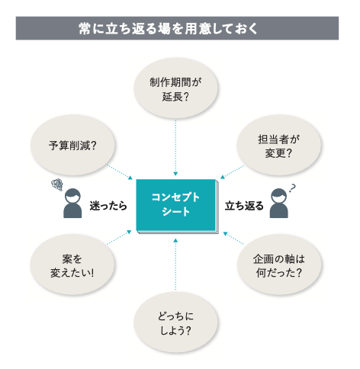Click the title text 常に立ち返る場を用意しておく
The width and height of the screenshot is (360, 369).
point(168,28)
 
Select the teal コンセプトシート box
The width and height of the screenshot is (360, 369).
point(176,205)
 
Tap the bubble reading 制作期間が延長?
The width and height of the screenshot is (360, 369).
point(175,88)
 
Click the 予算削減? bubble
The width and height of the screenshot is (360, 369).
point(72,145)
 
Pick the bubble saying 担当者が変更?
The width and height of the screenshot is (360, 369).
point(279,145)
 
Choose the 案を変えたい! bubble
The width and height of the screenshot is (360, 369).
point(72,265)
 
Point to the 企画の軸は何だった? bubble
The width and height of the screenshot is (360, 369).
point(279,265)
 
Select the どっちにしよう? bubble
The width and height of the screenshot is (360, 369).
point(175,322)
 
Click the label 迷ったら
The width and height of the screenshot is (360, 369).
point(108,206)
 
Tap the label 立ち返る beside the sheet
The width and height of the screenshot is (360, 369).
point(244,206)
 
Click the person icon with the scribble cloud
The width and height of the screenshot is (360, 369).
point(72,204)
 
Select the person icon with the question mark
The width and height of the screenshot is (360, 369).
point(279,204)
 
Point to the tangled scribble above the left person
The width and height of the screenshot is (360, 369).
point(57,184)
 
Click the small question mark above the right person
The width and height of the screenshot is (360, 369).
point(293,188)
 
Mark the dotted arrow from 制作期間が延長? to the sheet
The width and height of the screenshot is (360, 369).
point(175,148)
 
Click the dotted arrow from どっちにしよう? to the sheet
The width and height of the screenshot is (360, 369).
point(175,265)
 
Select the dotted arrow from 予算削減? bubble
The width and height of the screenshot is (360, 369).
point(120,172)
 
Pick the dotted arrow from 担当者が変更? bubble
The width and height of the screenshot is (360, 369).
point(232,172)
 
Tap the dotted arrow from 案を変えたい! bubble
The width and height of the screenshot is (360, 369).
point(119,237)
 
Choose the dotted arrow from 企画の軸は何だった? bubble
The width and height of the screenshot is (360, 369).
point(233,238)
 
